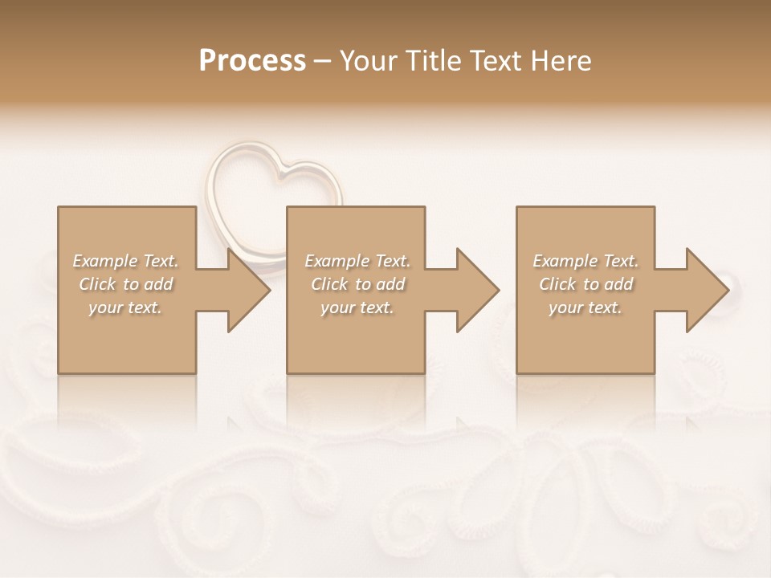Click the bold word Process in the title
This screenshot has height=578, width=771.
pos(252,61)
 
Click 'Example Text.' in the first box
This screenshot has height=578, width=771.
pos(126,261)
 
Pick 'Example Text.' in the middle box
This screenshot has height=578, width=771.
pos(357,261)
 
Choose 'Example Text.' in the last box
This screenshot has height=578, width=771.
pos(585,261)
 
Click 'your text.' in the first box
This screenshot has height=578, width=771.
pos(124,307)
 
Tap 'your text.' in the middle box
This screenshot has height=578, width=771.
pos(357,307)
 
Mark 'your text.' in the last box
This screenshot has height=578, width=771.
pos(585,307)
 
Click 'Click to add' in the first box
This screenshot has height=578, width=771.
pos(126,284)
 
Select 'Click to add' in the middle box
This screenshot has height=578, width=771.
pos(357,284)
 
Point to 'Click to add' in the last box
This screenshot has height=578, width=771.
pos(585,284)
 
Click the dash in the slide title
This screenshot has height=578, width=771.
pos(323,61)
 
